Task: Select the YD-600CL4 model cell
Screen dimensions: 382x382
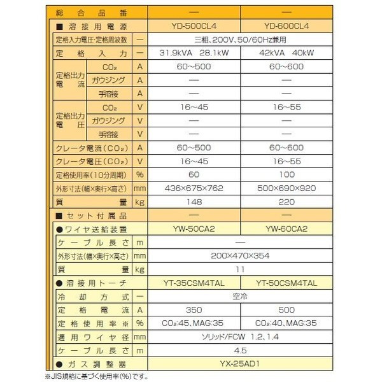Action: tap(289, 25)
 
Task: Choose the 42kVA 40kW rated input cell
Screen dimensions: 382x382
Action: tap(289, 53)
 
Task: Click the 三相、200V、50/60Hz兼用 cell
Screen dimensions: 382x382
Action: tap(241, 39)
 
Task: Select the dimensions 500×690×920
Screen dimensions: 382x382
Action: tap(289, 188)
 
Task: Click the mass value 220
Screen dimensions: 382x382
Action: tap(289, 202)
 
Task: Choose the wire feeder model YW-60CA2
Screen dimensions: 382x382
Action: tap(289, 229)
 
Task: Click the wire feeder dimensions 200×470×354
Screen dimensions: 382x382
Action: tap(241, 255)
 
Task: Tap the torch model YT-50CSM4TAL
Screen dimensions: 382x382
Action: tap(289, 283)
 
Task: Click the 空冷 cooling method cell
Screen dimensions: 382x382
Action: tap(241, 296)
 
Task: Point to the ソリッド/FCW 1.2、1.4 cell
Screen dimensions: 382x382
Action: tap(241, 336)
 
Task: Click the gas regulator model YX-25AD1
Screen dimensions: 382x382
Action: tap(241, 364)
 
